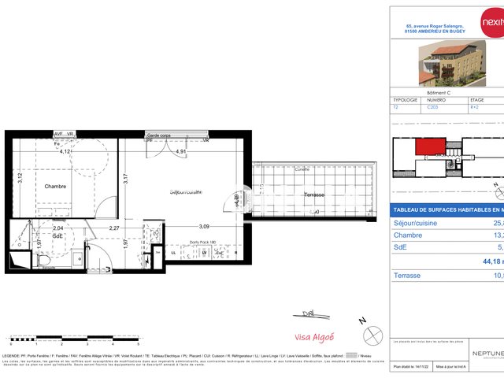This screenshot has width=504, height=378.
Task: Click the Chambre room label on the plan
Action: pos(55,187)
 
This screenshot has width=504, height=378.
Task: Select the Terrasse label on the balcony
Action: pos(314,194)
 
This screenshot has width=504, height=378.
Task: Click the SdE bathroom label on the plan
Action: pos(57,235)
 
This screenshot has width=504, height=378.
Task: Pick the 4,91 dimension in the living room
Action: pos(181,151)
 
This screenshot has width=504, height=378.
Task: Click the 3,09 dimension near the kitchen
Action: pos(204,227)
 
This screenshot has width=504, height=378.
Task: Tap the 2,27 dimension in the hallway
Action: pos(113,228)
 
